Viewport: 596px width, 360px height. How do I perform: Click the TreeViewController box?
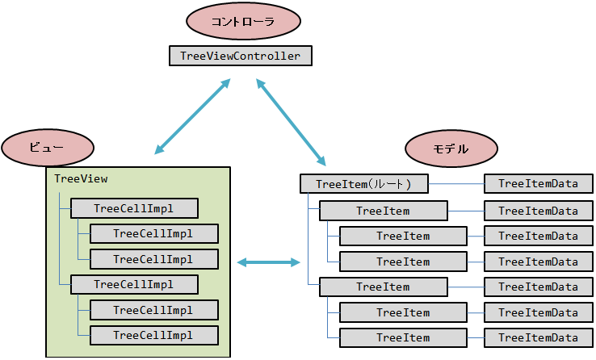[x=241, y=56]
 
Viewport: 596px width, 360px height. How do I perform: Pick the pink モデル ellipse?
[x=450, y=149]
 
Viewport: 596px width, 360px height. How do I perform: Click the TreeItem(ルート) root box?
[x=363, y=184]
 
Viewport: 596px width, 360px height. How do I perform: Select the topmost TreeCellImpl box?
[x=133, y=208]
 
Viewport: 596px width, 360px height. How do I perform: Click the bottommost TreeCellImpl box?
[x=153, y=335]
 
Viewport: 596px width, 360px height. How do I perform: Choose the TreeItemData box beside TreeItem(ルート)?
[x=538, y=184]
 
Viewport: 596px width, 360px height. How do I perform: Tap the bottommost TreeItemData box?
[x=538, y=338]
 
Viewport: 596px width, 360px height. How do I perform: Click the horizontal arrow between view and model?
[x=269, y=262]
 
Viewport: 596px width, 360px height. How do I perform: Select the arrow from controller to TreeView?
[x=192, y=117]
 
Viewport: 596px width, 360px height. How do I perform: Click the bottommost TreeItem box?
[x=403, y=338]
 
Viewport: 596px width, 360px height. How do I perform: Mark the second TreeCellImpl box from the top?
[x=153, y=234]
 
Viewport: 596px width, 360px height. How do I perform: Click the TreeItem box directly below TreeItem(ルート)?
[x=383, y=211]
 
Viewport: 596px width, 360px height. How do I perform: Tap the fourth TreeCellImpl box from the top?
[x=133, y=284]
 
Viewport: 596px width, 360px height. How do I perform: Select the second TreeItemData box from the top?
[x=538, y=211]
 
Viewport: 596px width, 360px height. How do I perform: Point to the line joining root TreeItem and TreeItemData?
[x=455, y=184]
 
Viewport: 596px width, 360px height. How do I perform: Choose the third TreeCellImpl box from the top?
[x=153, y=259]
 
